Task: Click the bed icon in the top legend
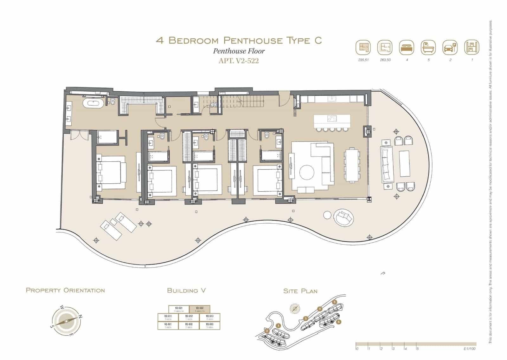point(407,48)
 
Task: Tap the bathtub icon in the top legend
point(428,48)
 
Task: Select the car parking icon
point(450,48)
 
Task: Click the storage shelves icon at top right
point(472,48)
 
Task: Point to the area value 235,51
point(363,60)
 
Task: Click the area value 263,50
point(385,60)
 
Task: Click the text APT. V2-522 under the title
point(239,61)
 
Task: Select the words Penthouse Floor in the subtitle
point(239,51)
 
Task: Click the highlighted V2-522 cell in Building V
point(199,309)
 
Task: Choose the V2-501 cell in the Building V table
point(168,325)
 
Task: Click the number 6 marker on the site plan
point(339,322)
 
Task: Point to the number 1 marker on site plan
point(278,325)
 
